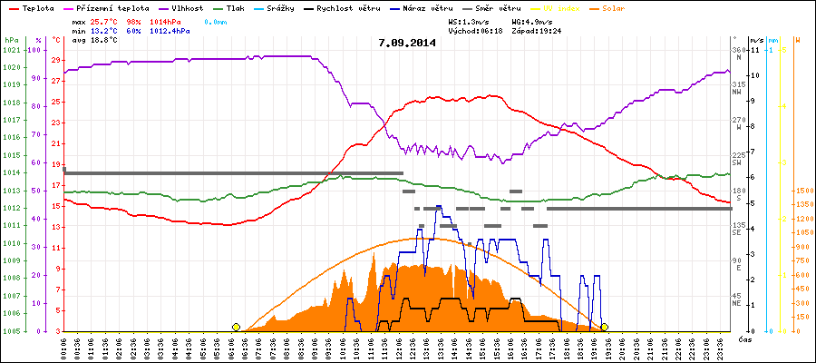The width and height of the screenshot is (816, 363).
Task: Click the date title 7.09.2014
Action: [x=407, y=42]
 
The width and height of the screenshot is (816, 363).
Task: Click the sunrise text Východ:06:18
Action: [x=475, y=30]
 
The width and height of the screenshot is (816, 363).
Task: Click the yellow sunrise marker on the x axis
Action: [x=236, y=327]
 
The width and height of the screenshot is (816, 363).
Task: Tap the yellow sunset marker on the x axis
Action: [x=604, y=327]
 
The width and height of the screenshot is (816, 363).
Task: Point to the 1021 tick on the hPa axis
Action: [x=11, y=50]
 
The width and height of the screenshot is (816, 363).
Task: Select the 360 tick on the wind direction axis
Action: [x=737, y=50]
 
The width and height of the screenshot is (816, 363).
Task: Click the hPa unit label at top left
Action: [x=11, y=40]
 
